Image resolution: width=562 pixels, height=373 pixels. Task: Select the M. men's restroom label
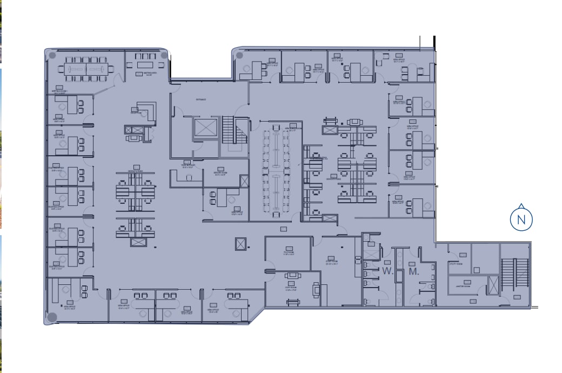tap(414, 271)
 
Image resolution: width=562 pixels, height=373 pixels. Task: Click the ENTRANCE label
tap(202, 100)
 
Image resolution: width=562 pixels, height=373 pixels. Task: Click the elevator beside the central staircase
tap(205, 129)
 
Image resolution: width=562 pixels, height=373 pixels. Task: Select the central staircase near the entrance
tap(233, 131)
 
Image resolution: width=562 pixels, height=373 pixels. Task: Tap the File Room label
tap(287, 252)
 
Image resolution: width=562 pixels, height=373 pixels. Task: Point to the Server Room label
tap(220, 174)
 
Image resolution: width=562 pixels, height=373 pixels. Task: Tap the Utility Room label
tap(457, 263)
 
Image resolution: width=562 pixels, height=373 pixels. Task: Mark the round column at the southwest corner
tap(52, 317)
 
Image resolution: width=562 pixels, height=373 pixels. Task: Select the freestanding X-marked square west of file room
tap(240, 244)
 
